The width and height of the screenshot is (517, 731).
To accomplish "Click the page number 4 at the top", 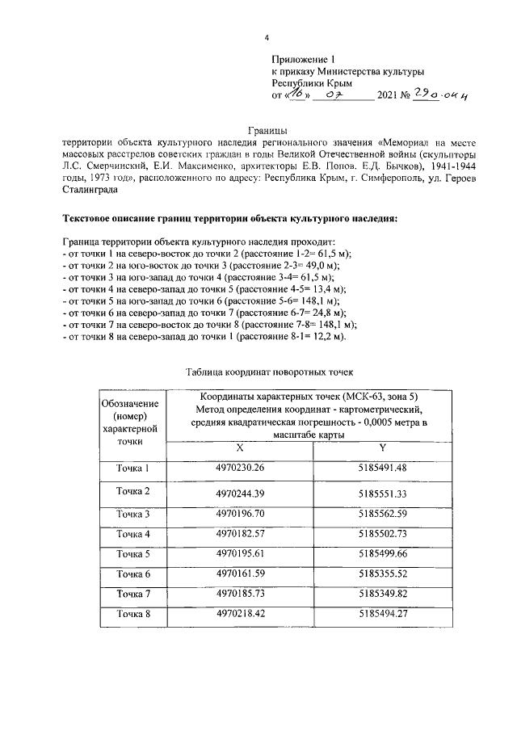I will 266,37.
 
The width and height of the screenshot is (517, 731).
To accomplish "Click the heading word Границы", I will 267,131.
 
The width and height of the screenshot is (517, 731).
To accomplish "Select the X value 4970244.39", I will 240,492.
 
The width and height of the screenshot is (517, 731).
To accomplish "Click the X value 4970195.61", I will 240,555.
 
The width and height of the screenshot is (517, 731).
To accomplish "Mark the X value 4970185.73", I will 240,594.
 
